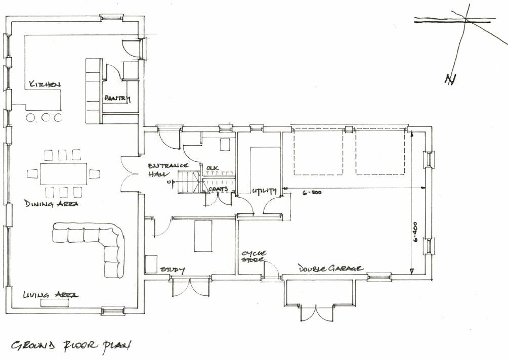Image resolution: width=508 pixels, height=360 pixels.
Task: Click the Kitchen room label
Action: (45, 84)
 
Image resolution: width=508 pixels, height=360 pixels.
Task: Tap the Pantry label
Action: (117, 98)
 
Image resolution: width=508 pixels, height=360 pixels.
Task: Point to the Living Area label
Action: (53, 295)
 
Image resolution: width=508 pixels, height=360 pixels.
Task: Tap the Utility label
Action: (264, 191)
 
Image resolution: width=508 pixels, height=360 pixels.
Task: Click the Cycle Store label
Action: (253, 256)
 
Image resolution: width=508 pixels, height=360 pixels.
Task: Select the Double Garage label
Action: (329, 268)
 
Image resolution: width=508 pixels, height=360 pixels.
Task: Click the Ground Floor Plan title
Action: (70, 346)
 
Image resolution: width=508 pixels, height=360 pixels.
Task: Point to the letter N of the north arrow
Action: (449, 79)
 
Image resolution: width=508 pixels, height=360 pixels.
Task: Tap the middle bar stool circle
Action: (46, 118)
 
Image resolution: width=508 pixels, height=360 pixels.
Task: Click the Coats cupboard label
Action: (219, 190)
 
